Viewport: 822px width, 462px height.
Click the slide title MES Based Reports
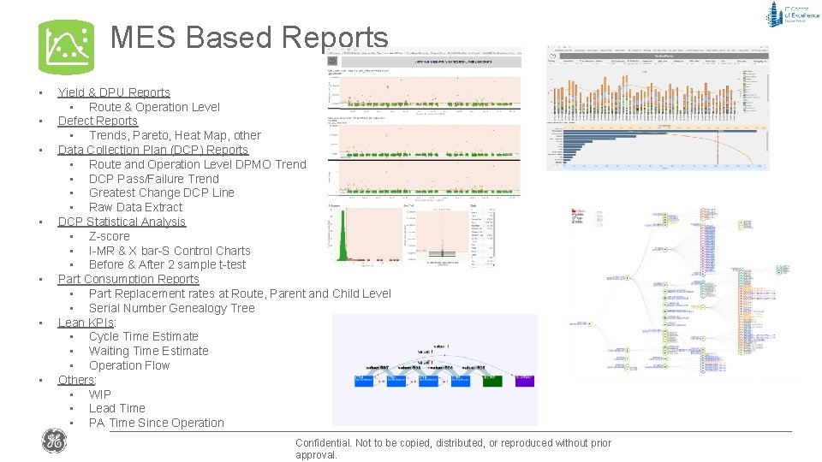[x=249, y=38]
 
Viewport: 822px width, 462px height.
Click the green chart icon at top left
[x=66, y=47]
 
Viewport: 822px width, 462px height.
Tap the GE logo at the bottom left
[x=53, y=441]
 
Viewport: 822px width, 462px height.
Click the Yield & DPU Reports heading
[x=114, y=92]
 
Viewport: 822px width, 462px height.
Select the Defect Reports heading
[x=98, y=121]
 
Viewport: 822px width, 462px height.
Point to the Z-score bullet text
[x=110, y=236]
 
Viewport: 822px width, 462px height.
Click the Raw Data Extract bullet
[x=135, y=207]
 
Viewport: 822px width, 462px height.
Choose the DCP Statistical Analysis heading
[x=122, y=222]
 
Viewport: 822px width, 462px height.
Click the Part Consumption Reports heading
[x=128, y=279]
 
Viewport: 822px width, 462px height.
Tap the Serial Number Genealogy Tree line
[x=171, y=308]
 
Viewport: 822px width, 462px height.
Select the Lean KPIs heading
[x=86, y=323]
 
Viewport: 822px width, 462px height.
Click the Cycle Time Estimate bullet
[x=143, y=336]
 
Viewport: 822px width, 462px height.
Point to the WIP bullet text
[x=100, y=394]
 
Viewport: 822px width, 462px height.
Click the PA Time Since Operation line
[x=156, y=423]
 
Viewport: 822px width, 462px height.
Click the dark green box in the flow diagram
[x=491, y=381]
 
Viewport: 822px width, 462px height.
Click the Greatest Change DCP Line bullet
[x=161, y=192]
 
